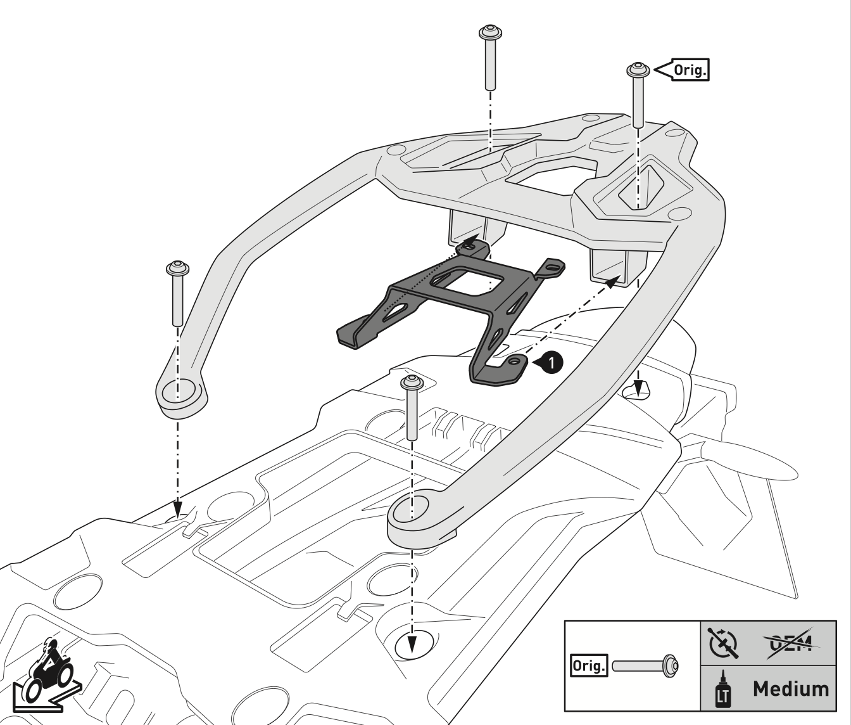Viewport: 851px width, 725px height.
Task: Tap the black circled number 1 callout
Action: (552, 362)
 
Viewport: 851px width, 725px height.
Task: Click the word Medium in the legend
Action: (790, 689)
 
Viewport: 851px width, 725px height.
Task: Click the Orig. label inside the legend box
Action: (588, 666)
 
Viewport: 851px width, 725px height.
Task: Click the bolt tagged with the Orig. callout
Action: (637, 95)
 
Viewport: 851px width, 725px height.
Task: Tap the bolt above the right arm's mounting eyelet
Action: (410, 409)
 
